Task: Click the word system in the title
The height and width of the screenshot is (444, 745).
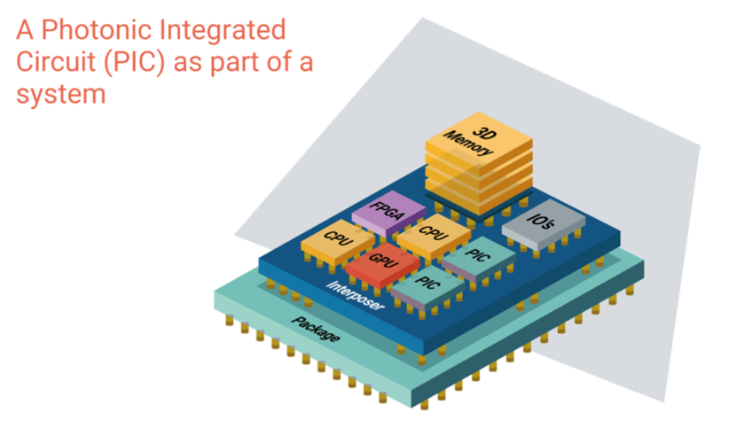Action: (x=61, y=94)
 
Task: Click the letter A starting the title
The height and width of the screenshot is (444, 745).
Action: (x=27, y=31)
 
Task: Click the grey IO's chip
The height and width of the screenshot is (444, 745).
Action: (x=544, y=223)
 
